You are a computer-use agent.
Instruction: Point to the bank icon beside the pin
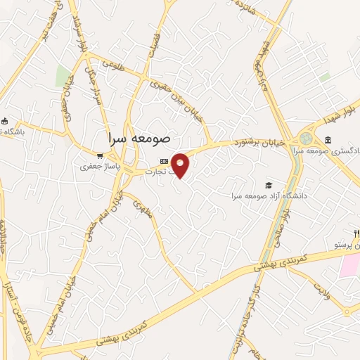click(x=164, y=160)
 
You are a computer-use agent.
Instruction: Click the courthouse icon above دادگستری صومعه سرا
click(x=329, y=140)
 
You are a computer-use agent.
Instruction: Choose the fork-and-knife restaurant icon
click(x=356, y=233)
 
